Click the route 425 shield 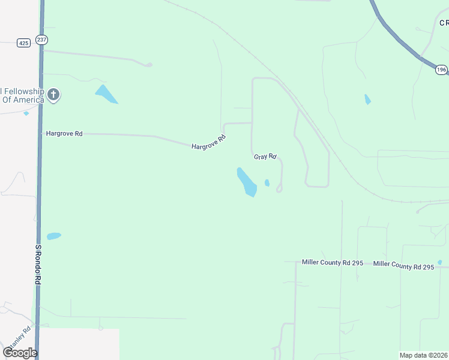pyautogui.click(x=23, y=43)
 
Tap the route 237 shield pyautogui.click(x=41, y=40)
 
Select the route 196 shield pyautogui.click(x=441, y=70)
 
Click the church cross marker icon pyautogui.click(x=53, y=94)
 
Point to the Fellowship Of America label pyautogui.click(x=22, y=95)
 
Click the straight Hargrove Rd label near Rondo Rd pyautogui.click(x=64, y=133)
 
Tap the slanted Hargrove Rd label pyautogui.click(x=209, y=142)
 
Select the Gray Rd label pyautogui.click(x=265, y=157)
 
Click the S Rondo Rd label pyautogui.click(x=38, y=265)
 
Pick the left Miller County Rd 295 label pyautogui.click(x=334, y=262)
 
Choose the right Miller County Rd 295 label pyautogui.click(x=403, y=266)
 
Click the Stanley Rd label pyautogui.click(x=19, y=340)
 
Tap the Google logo pyautogui.click(x=20, y=352)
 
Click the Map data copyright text pyautogui.click(x=424, y=355)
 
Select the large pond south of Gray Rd pyautogui.click(x=247, y=182)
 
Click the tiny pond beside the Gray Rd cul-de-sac pyautogui.click(x=267, y=183)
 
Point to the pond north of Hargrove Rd pyautogui.click(x=106, y=94)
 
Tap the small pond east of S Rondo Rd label pyautogui.click(x=54, y=236)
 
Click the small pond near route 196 pyautogui.click(x=367, y=100)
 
